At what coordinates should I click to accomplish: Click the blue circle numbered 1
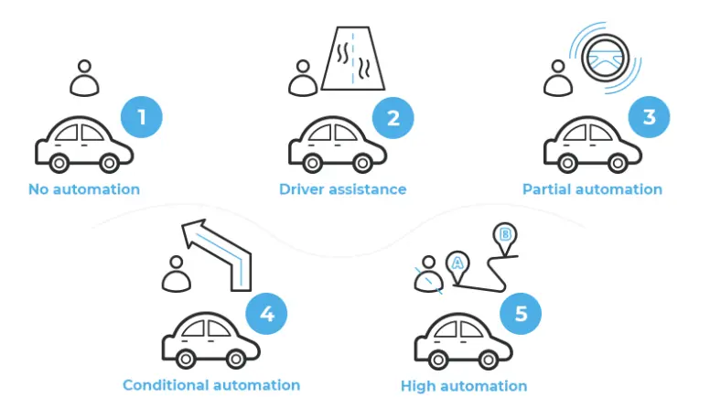[142, 117]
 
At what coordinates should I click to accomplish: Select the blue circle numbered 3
[649, 117]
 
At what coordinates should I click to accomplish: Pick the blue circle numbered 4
[266, 316]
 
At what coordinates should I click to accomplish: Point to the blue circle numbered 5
[521, 316]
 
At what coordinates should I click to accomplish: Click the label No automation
[83, 189]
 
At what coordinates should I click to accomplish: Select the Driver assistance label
[342, 189]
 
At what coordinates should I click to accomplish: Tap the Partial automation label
[592, 189]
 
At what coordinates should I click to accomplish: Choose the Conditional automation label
[211, 385]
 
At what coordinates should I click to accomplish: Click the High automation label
[464, 386]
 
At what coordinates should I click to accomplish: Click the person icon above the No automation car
[85, 79]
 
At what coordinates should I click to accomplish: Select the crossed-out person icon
[426, 276]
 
